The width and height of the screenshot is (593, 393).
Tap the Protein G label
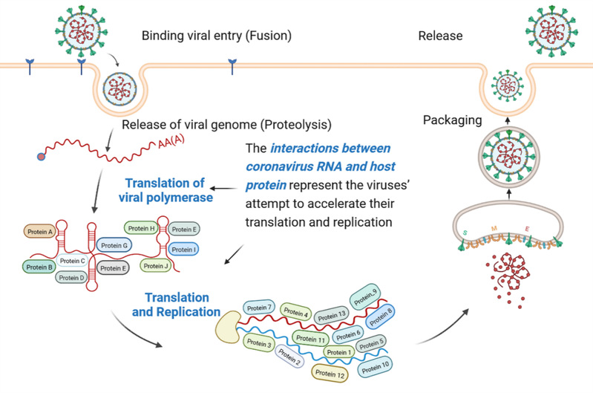pyautogui.click(x=115, y=245)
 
